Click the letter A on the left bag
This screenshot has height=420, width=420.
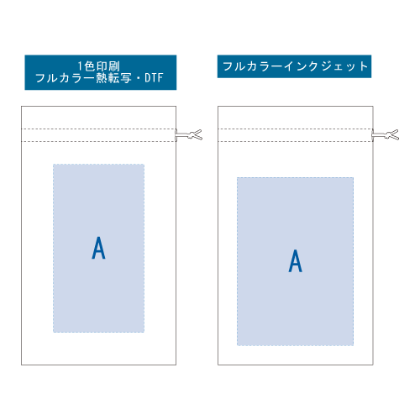coord(98,248)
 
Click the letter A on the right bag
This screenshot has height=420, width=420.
coord(296,260)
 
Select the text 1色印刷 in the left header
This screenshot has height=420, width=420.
coord(99,66)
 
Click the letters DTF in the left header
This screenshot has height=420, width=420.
coord(154,78)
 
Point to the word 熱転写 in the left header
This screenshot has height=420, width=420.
coord(113,78)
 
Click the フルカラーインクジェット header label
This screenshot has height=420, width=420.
coord(295,66)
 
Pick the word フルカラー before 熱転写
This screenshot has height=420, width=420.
coord(65,78)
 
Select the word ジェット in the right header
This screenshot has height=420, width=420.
coord(344,66)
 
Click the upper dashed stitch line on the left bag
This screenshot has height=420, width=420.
coord(98,129)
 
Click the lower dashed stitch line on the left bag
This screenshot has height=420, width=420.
coord(98,141)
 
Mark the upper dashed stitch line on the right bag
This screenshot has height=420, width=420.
coord(296,129)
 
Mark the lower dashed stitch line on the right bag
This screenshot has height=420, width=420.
coord(296,141)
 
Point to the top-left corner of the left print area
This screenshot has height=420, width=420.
coord(53,165)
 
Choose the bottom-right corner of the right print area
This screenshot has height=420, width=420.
coord(354,345)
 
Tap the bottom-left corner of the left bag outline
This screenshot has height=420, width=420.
coord(22,365)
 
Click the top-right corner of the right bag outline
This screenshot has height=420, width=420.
coord(373,106)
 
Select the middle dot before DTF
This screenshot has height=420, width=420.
coord(138,78)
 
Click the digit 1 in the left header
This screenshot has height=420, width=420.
coord(80,66)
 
